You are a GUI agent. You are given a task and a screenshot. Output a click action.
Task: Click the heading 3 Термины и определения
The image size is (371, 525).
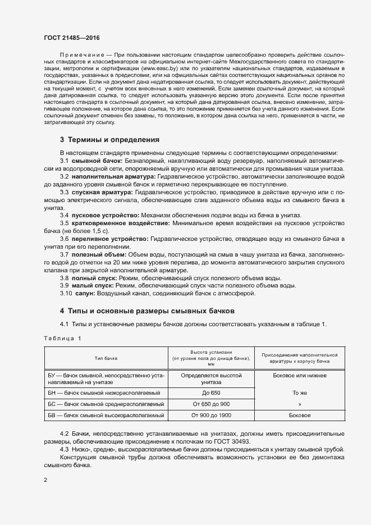[110, 139]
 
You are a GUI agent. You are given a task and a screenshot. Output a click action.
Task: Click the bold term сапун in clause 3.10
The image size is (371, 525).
[85, 293]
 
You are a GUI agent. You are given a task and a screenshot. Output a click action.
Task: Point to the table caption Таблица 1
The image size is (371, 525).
[62, 338]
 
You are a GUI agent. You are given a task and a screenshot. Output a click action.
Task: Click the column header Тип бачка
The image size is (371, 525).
[106, 357]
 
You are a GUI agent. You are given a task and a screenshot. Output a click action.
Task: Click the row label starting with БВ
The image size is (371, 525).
[105, 416]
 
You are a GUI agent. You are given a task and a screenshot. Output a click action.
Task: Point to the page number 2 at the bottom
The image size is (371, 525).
[45, 480]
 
